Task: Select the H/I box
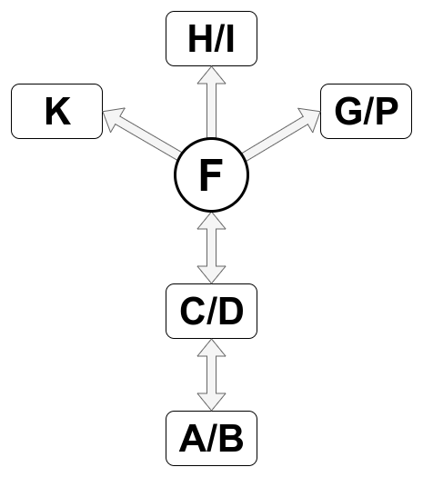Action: point(211,39)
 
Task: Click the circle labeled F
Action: point(211,175)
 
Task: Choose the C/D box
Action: point(211,311)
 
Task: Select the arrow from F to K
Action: point(141,134)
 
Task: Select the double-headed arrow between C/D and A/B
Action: point(211,374)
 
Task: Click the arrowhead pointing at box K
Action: point(111,117)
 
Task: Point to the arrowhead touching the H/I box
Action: point(211,75)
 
